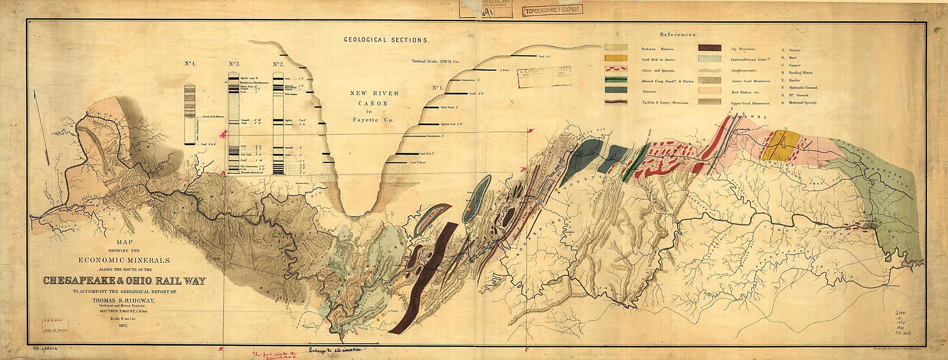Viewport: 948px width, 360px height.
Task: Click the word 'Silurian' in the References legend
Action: point(650,91)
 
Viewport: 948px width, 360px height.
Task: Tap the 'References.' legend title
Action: point(678,35)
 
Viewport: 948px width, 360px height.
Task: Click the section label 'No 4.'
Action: point(191,65)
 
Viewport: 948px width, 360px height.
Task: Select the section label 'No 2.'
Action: point(277,65)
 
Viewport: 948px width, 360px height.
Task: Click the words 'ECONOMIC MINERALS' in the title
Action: point(124,260)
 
